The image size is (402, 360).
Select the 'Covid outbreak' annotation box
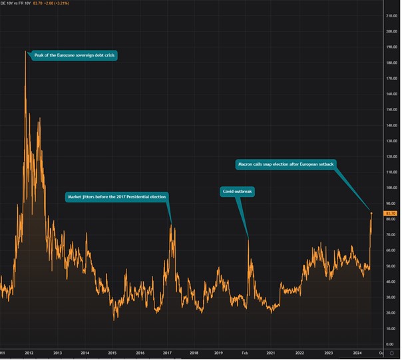pos(238,192)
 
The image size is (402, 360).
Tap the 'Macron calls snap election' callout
pos(284,163)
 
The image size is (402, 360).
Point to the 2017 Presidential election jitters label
pos(116,197)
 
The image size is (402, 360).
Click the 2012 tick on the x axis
pos(29,352)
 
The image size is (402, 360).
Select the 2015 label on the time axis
pos(112,352)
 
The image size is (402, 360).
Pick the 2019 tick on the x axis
pos(219,352)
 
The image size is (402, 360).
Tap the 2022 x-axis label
pos(300,352)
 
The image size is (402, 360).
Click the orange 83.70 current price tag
pos(391,213)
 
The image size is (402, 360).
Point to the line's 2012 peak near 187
pos(26,51)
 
